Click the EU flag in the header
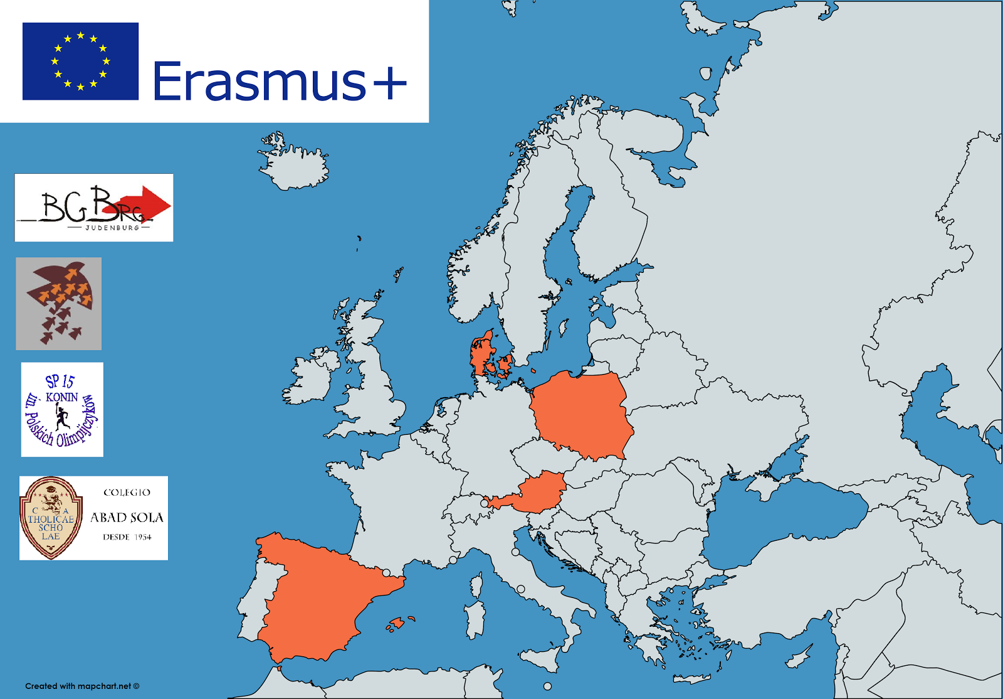(80, 61)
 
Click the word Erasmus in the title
(260, 81)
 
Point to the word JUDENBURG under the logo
(112, 228)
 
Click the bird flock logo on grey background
(59, 303)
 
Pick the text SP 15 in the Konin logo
(60, 381)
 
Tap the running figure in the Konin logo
(61, 415)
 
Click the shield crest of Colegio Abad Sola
(51, 518)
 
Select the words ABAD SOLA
(127, 518)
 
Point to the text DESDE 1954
(127, 537)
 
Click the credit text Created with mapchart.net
(82, 686)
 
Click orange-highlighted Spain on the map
(320, 596)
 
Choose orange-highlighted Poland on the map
(583, 414)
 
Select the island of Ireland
(310, 380)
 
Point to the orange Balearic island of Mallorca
(396, 623)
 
